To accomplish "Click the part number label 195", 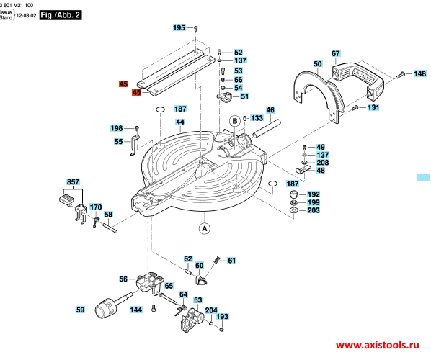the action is (179, 28).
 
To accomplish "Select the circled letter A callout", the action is (204, 228).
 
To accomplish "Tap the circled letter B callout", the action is (235, 121).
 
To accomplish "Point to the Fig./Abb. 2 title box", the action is (61, 15).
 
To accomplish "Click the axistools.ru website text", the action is (378, 345).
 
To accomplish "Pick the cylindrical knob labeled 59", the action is (111, 307).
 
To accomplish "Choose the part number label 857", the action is (73, 181).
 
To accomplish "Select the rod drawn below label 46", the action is (267, 128).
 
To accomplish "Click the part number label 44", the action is (179, 122).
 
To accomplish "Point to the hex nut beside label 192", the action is (293, 194).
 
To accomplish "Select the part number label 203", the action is (314, 210).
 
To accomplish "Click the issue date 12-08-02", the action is (26, 15).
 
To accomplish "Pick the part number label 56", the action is (123, 279).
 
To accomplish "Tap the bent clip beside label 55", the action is (135, 145).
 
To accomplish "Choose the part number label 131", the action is (373, 107).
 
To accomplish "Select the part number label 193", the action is (222, 317).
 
